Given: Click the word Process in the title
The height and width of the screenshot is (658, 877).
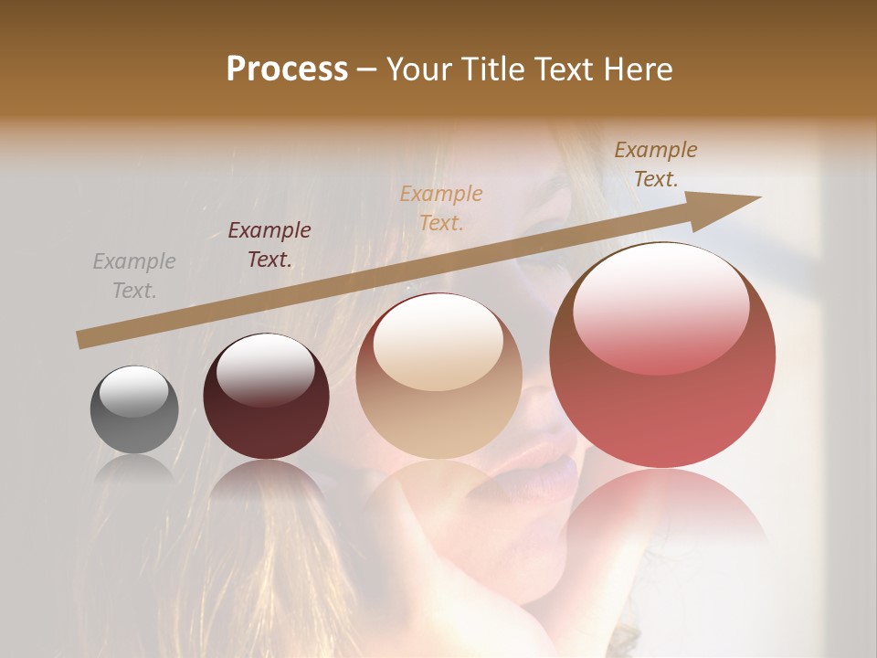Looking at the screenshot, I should coord(287,69).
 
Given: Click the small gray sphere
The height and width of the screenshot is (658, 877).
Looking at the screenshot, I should coord(134,409).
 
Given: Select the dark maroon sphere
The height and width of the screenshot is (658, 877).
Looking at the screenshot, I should coord(266,397).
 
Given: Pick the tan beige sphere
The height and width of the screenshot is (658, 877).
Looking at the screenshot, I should coord(438,377).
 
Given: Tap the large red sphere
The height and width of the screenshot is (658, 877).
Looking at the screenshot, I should coord(662,355).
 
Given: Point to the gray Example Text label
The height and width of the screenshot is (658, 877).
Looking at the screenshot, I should coord(134,276).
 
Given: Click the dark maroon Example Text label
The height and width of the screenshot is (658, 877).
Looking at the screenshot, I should coord(269,245).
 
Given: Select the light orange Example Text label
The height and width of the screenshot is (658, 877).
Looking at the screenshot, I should coord(441,208).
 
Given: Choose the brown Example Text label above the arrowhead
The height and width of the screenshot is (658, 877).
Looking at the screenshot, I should coord(656,164).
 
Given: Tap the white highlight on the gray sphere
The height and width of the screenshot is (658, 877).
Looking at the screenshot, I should coord(134,391).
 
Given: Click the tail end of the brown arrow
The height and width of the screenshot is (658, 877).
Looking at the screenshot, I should coord(82,339).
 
